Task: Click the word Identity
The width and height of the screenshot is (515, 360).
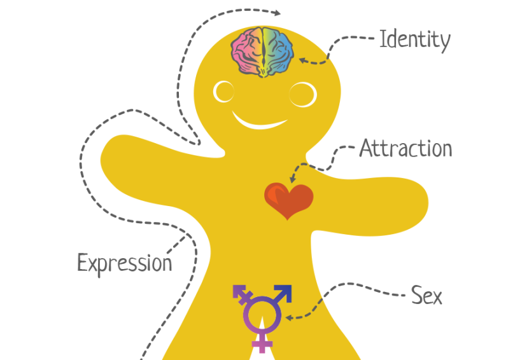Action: click(414, 39)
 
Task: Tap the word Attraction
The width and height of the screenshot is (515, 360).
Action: click(406, 149)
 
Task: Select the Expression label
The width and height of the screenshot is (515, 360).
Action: click(125, 262)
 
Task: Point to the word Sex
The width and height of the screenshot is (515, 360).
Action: click(426, 296)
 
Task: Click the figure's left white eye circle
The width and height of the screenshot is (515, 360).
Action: click(223, 92)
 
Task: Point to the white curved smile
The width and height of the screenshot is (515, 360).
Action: click(262, 121)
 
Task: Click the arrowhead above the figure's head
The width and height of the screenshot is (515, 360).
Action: click(278, 13)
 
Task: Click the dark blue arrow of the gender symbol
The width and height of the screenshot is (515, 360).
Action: click(283, 293)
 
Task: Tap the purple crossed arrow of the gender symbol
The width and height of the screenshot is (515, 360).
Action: click(241, 294)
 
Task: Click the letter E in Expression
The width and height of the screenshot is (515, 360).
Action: click(82, 262)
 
